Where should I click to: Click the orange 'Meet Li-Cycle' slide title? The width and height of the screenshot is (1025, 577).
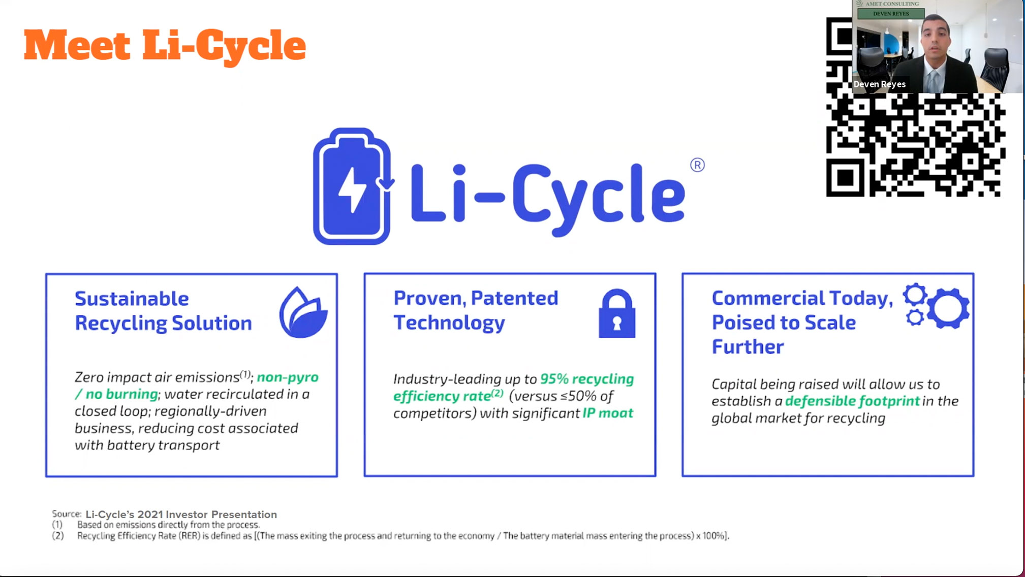165,46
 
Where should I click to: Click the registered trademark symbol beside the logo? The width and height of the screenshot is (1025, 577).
697,165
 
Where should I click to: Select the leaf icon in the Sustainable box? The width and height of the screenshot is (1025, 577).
303,312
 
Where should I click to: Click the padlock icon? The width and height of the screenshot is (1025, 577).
617,313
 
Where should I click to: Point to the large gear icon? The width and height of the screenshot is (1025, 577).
948,308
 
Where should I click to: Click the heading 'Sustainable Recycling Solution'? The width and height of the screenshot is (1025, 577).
163,311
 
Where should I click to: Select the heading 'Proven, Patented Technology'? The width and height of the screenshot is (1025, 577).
476,310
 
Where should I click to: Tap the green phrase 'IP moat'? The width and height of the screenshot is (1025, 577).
608,413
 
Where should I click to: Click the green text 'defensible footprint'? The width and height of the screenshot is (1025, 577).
852,401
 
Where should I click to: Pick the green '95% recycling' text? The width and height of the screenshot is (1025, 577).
587,379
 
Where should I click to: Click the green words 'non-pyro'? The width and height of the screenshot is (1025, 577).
288,377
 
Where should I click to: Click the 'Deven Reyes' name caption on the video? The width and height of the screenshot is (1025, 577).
880,84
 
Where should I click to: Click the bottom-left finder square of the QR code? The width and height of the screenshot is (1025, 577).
845,177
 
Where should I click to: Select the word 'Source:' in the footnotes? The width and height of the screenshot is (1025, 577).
67,514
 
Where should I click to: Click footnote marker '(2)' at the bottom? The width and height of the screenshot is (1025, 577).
58,536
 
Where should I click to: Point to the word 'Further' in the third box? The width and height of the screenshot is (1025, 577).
748,347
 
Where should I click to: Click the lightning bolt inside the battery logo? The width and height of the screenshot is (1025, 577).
351,189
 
